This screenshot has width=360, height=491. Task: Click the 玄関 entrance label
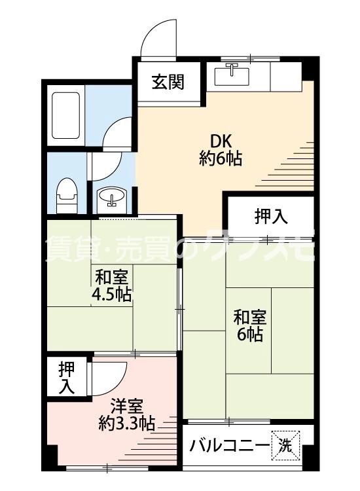[168, 82]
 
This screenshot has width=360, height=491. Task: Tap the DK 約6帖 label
[221, 150]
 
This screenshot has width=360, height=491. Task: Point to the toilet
[65, 194]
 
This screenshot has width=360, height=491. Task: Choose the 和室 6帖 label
[249, 325]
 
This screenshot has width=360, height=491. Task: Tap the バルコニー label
[229, 446]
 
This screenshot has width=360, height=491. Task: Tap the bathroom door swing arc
[118, 134]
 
